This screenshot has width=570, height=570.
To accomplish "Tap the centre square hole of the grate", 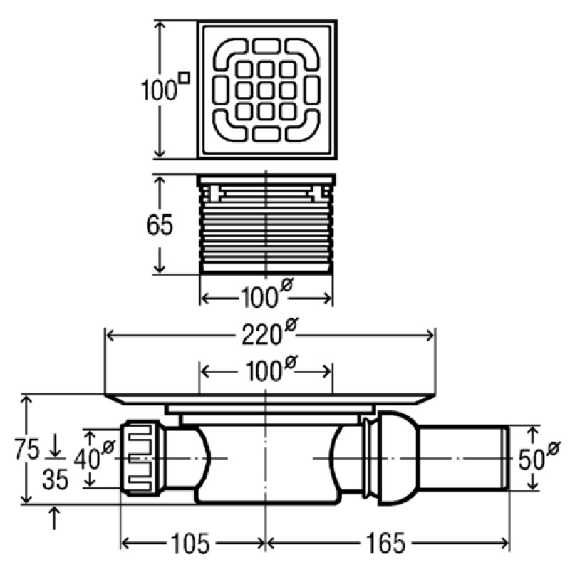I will pyautogui.click(x=266, y=90).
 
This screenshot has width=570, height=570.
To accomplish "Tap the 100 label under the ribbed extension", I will pyautogui.click(x=260, y=296).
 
